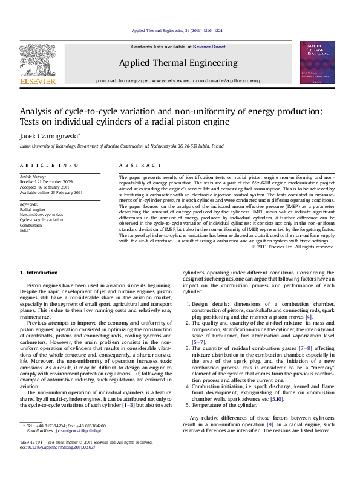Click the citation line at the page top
[180, 31]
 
